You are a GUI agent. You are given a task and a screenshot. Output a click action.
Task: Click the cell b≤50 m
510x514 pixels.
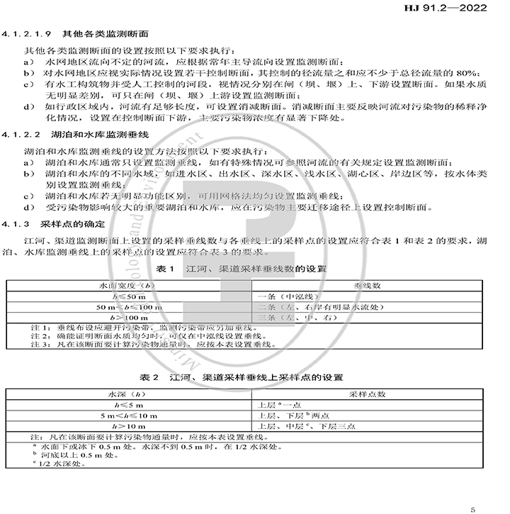pos(128,296)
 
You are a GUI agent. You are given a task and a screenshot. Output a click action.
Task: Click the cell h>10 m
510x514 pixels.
pos(128,426)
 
